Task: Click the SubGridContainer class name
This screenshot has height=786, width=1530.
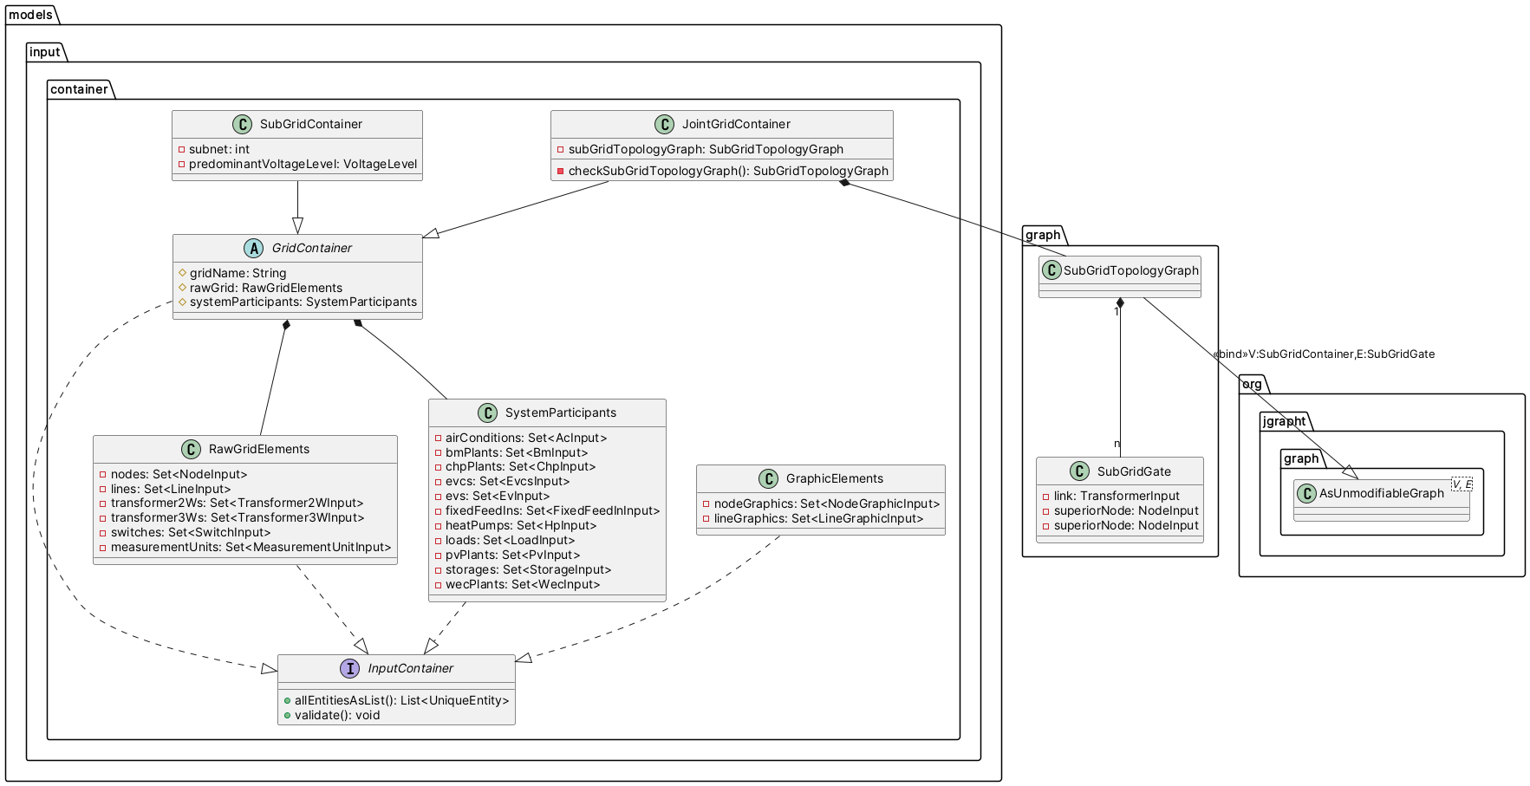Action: point(311,124)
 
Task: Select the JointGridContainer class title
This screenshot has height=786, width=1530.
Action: point(736,124)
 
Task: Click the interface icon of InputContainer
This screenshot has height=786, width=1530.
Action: point(349,668)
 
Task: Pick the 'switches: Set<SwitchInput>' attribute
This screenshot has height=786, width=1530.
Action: point(191,532)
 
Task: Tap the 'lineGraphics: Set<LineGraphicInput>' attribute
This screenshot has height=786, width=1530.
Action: point(818,518)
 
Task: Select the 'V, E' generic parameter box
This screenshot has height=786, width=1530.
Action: point(1462,484)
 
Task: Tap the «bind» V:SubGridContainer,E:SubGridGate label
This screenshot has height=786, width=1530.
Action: point(1324,354)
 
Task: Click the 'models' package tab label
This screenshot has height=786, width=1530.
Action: point(30,15)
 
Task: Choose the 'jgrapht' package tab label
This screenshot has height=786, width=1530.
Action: point(1284,421)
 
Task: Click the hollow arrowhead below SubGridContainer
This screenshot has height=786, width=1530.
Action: point(297,225)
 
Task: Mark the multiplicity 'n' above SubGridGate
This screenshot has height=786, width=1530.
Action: point(1117,444)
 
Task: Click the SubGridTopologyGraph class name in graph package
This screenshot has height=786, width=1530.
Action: point(1130,270)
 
